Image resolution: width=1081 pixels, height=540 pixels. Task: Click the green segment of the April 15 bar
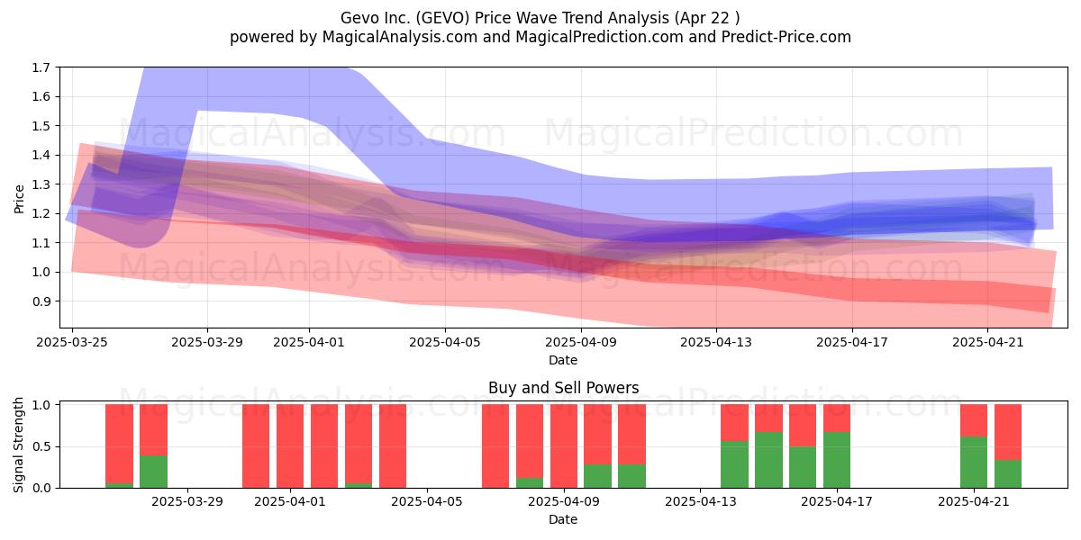point(768,460)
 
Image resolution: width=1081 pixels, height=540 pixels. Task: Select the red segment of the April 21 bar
point(974,420)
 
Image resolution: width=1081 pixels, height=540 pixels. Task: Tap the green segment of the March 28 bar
point(153,472)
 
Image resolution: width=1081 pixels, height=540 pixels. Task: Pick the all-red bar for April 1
point(290,446)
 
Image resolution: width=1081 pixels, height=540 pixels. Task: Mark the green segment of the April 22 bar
point(1008,474)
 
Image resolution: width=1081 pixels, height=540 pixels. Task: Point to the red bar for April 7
point(495,446)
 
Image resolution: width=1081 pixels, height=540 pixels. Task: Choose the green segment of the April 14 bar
point(734,464)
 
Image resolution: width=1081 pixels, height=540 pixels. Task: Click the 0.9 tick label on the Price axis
point(41,301)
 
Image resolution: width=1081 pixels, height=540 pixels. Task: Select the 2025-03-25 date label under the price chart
point(72,342)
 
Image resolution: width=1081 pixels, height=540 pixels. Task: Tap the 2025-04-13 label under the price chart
point(716,342)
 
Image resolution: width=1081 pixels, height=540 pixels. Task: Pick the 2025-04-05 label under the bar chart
point(427,502)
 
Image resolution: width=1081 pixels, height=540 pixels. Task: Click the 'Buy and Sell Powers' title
point(564,388)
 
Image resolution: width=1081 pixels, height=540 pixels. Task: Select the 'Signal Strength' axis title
point(18,445)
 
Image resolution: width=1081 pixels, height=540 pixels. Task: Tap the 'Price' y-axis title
point(19,199)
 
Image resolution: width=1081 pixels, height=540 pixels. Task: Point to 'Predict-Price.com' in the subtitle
point(786,37)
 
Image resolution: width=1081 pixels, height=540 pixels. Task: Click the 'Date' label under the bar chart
point(563,519)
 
